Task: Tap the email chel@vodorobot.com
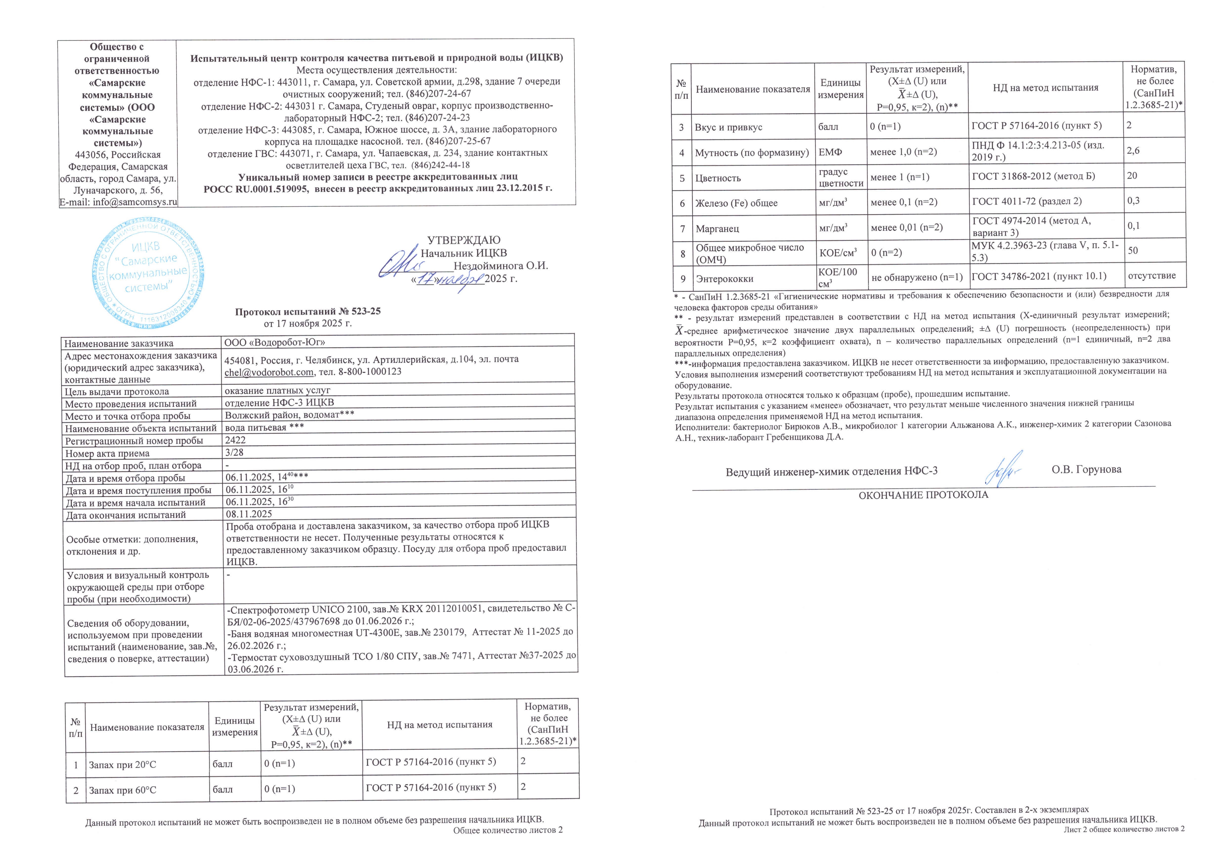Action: coord(269,372)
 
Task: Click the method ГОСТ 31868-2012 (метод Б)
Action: coord(1033,176)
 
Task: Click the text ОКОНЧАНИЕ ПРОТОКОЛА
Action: coord(923,495)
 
